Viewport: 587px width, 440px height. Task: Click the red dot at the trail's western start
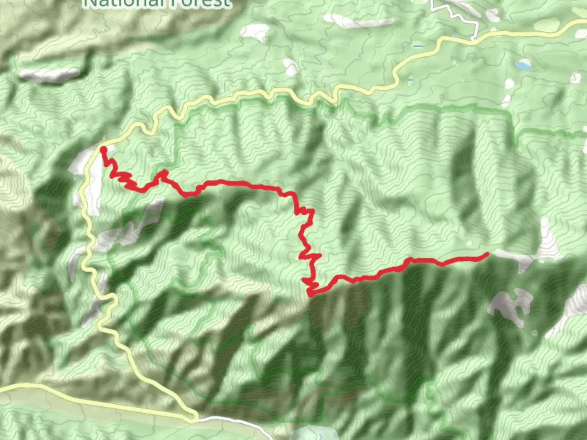click(103, 150)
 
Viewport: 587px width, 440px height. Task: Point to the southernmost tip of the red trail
click(311, 294)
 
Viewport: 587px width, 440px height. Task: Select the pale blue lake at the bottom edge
click(312, 433)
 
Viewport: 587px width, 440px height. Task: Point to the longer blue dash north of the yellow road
click(417, 46)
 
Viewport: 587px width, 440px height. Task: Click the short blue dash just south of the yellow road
click(410, 79)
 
